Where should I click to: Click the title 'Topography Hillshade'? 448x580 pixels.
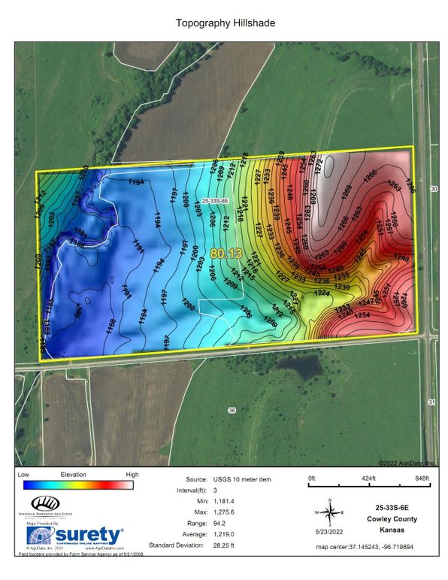coord(226,23)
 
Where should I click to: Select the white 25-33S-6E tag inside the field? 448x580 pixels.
coord(216,202)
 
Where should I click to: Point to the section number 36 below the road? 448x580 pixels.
coord(232,410)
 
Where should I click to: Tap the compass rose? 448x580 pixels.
coord(329,512)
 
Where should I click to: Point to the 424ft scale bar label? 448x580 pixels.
coord(367,478)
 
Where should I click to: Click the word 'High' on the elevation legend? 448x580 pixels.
coord(132,475)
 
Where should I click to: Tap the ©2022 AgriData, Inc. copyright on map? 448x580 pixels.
coord(412,463)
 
